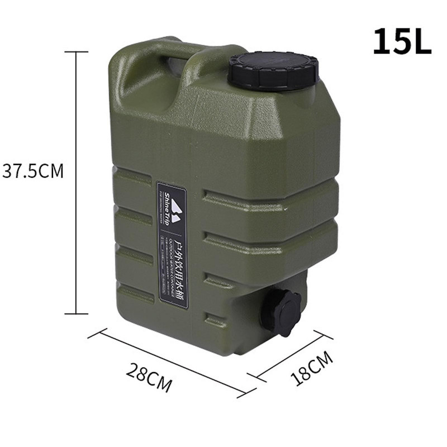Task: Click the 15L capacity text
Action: [x=402, y=42]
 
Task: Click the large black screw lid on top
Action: [x=273, y=70]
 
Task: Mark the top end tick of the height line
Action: [x=76, y=52]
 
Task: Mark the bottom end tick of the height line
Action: [x=76, y=313]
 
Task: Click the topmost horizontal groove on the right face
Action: [x=268, y=196]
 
